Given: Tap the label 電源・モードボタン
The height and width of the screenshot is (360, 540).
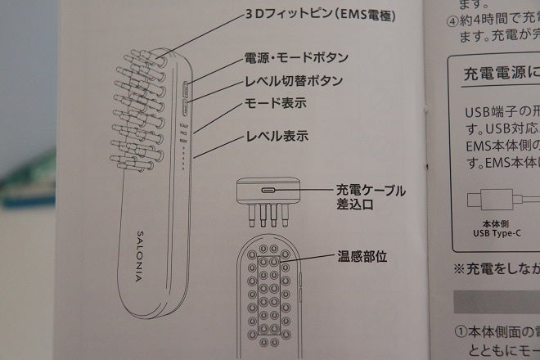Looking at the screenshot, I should pyautogui.click(x=297, y=58).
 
